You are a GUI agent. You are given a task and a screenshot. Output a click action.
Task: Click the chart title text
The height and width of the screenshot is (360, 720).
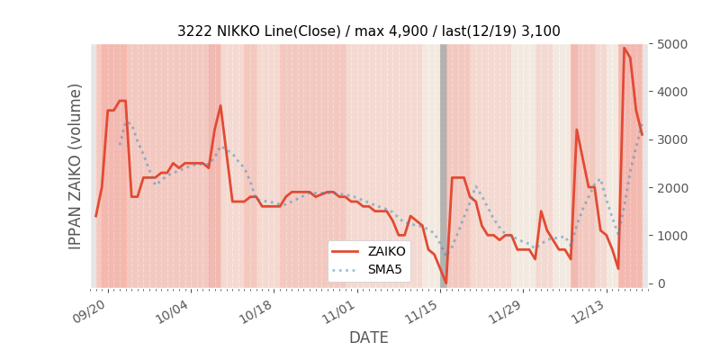(x=368, y=31)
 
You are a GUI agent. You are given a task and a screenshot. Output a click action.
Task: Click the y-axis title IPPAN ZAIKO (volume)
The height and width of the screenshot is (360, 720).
(x=76, y=166)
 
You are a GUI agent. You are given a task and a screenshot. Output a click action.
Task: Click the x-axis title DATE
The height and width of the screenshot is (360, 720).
(x=368, y=337)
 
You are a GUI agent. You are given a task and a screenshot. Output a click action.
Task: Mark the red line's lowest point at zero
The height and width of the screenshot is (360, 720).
(x=445, y=283)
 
